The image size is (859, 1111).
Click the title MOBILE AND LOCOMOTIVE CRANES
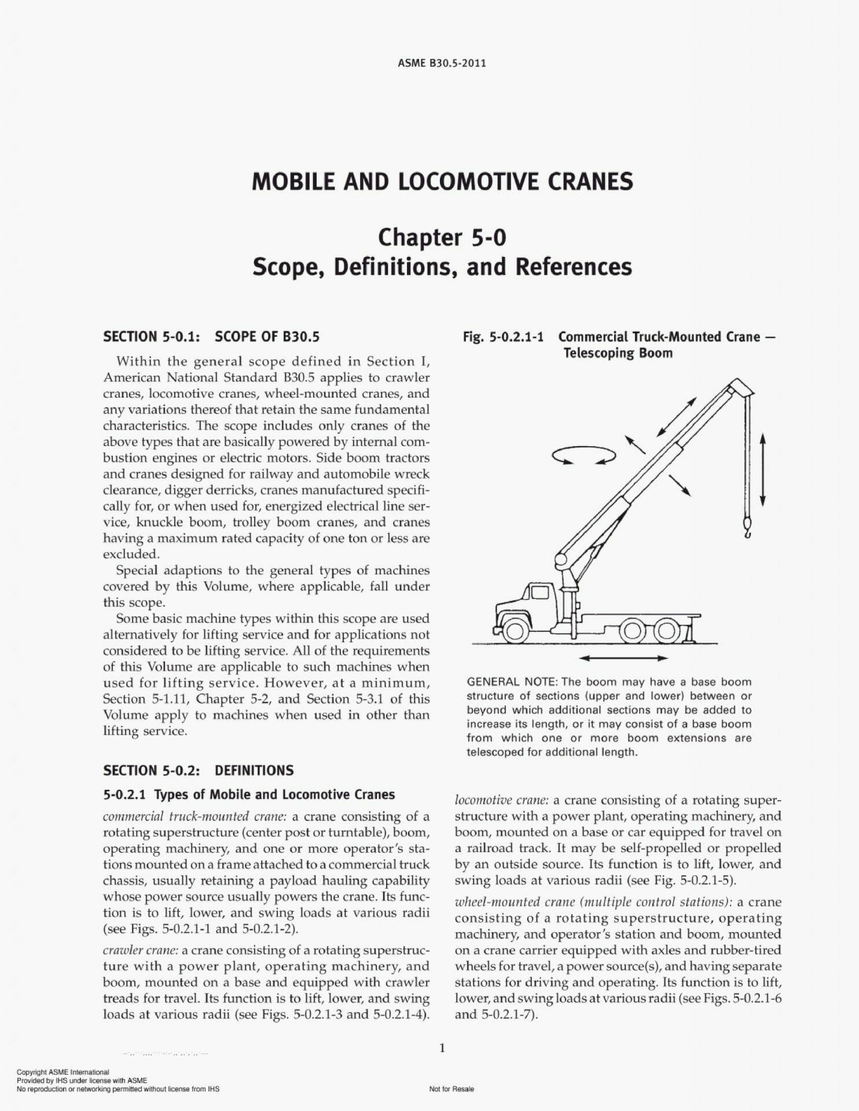click(x=442, y=182)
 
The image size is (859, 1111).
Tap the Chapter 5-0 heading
click(x=442, y=237)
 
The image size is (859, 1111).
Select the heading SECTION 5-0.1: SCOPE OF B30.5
click(x=211, y=337)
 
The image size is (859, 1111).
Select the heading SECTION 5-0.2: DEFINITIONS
click(x=198, y=770)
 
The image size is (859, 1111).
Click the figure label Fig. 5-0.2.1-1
click(x=503, y=337)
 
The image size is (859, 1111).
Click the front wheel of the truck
click(x=515, y=630)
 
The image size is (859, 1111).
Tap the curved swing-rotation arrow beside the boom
click(x=583, y=455)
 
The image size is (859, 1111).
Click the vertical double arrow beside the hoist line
click(x=762, y=470)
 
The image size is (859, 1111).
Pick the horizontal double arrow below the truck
click(x=623, y=658)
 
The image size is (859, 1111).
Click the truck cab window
click(x=540, y=593)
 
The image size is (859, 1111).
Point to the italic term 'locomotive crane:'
click(x=501, y=800)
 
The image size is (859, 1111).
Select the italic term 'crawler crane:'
click(x=144, y=950)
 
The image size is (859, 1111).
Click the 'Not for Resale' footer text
click(x=451, y=1089)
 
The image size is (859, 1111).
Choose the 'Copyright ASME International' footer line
click(x=63, y=1072)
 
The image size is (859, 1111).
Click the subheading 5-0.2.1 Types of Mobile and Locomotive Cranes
click(x=249, y=794)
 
